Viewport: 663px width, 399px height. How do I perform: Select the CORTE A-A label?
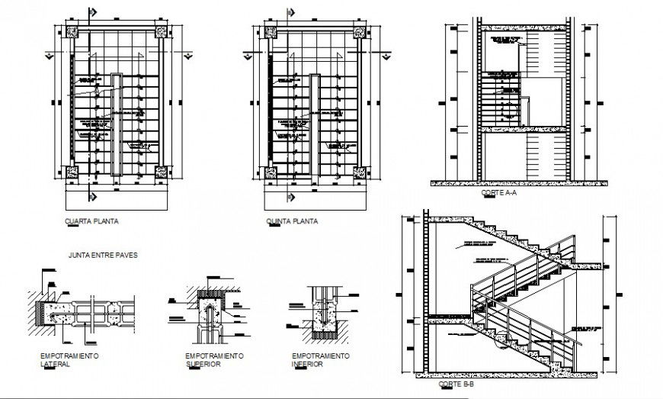[499, 194]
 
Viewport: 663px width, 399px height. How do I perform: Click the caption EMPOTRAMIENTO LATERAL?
[69, 360]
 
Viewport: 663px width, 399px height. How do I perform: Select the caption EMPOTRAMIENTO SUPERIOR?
[214, 360]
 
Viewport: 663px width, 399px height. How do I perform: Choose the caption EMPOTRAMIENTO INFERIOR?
[320, 360]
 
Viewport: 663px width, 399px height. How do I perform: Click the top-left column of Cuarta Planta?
[73, 33]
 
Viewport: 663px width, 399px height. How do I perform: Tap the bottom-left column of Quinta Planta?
[271, 172]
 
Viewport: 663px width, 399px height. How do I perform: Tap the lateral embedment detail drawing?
[84, 313]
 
